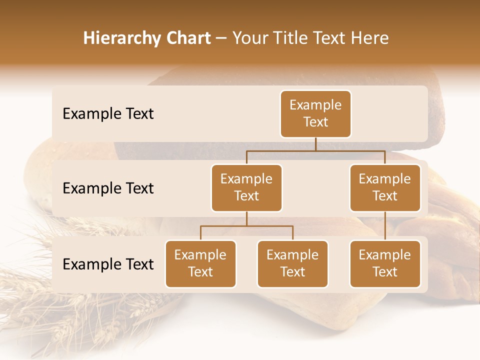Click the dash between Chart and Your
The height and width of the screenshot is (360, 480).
tap(221, 38)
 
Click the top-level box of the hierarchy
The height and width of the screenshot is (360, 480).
tap(315, 113)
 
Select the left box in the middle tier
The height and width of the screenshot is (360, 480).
tap(246, 187)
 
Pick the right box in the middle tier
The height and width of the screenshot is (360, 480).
tap(385, 187)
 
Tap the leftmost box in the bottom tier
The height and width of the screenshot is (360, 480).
tap(200, 263)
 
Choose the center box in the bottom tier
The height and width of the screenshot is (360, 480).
tap(292, 263)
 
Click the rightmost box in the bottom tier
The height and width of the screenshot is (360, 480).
tap(385, 263)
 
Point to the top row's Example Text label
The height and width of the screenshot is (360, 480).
tap(108, 113)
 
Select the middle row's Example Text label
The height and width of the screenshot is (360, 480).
tap(108, 188)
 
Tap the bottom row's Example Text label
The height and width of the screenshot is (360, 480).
tap(108, 264)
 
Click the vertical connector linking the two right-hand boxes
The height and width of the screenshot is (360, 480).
tap(385, 226)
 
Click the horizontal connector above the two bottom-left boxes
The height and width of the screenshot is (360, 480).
tap(246, 226)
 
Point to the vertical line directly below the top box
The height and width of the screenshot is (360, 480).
tap(315, 144)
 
